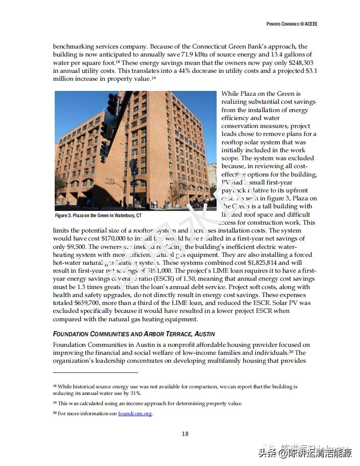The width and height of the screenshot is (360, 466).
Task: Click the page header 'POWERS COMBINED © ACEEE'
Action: click(x=292, y=24)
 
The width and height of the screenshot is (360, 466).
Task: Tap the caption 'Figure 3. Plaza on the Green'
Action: click(x=98, y=215)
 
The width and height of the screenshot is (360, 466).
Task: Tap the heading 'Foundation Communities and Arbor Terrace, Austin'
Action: click(x=134, y=334)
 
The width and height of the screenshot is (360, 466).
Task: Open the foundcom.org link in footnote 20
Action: click(x=135, y=414)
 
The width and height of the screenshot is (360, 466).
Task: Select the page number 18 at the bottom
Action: click(x=185, y=434)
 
